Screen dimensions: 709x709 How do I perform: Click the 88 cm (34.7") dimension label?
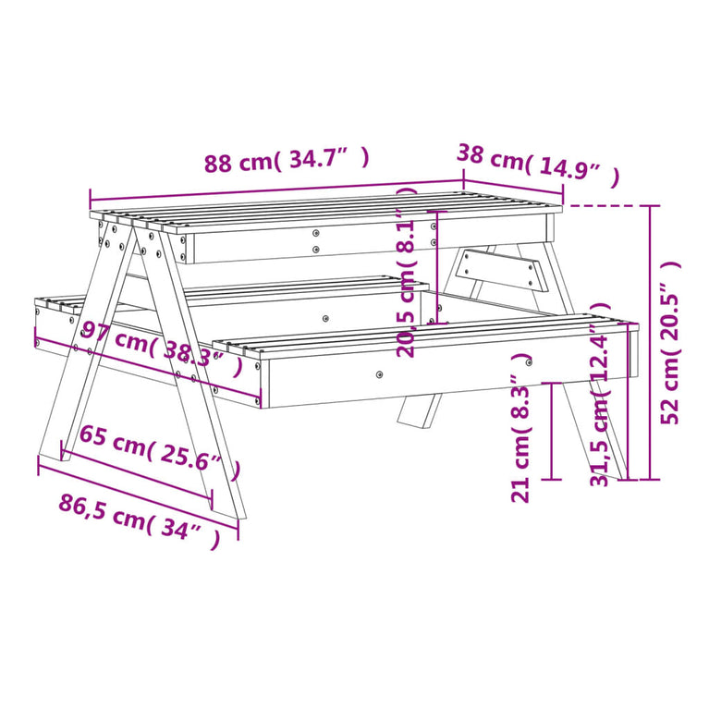tap(287, 161)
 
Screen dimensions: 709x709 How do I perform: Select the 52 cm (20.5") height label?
tap(672, 342)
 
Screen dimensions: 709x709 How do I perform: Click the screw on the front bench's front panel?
tap(379, 375)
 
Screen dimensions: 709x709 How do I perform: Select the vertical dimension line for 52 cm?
tap(652, 342)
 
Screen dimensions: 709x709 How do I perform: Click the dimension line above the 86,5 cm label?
tap(139, 495)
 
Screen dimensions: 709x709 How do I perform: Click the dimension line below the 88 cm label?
tap(277, 189)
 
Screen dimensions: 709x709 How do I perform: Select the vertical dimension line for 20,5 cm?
tap(437, 268)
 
